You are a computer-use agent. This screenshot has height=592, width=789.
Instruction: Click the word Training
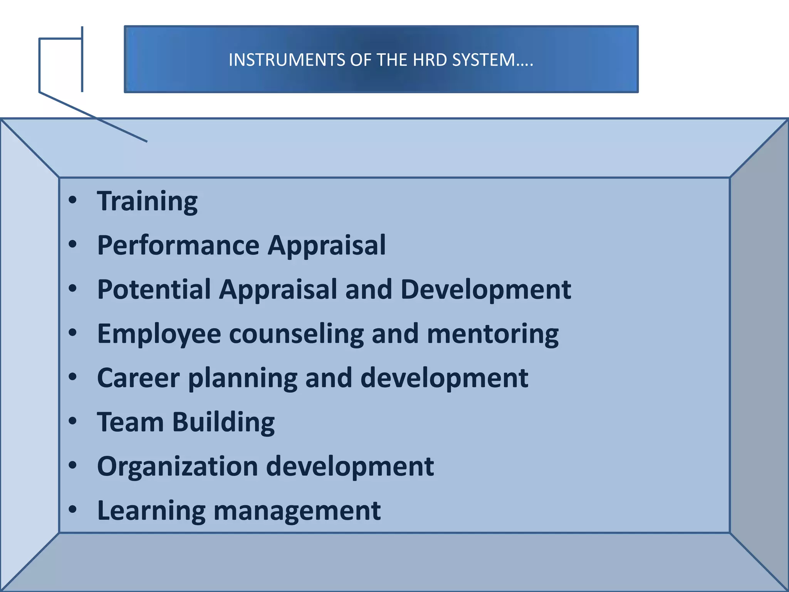click(147, 202)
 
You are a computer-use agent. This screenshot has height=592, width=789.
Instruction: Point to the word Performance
click(178, 246)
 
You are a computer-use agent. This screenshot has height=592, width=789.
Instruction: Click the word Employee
click(159, 334)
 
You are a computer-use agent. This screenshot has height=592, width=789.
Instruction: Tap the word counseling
click(296, 334)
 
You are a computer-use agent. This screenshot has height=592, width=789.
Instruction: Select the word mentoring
click(493, 334)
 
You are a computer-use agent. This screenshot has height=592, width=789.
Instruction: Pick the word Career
click(138, 378)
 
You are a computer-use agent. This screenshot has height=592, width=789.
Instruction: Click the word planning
click(243, 378)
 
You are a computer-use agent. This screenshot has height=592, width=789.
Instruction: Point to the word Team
click(131, 422)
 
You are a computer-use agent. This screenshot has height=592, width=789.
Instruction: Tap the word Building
click(223, 423)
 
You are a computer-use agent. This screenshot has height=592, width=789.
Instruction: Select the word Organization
click(177, 467)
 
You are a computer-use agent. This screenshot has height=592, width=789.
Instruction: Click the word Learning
click(151, 511)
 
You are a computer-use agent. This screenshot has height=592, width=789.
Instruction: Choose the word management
click(297, 511)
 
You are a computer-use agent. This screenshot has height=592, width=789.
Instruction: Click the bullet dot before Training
click(72, 200)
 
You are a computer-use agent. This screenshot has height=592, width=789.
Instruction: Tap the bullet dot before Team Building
click(72, 421)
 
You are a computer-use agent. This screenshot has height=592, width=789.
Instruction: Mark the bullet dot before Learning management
click(72, 510)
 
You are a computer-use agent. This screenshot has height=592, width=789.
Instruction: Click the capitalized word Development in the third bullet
click(486, 289)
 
